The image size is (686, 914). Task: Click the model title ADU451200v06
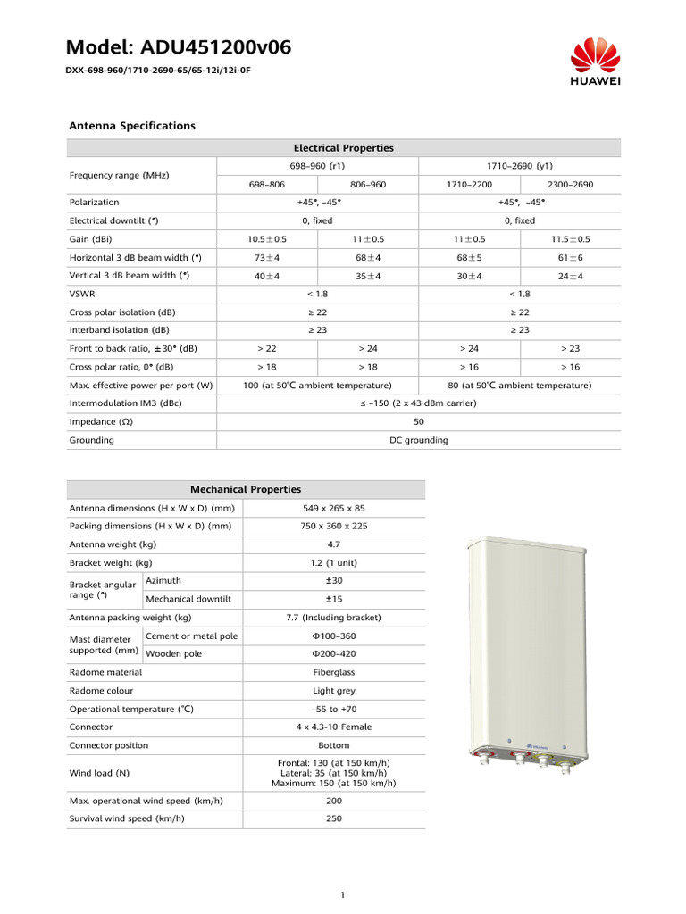click(179, 47)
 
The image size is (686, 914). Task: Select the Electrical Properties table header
click(344, 148)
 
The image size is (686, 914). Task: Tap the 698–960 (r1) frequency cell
click(317, 166)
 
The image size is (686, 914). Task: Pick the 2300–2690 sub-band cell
click(570, 185)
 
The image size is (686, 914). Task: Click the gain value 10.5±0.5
click(266, 239)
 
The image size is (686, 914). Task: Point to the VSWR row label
click(82, 294)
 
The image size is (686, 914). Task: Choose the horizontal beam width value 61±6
click(570, 257)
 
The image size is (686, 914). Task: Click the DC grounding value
click(419, 440)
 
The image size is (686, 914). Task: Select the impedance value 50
click(419, 422)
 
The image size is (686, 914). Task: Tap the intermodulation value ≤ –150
click(419, 403)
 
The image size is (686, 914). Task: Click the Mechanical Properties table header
click(246, 489)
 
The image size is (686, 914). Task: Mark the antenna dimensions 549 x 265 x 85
click(334, 508)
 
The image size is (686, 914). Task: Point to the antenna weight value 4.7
click(334, 544)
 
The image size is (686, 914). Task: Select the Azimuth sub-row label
click(163, 581)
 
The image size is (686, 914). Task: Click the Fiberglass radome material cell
click(334, 672)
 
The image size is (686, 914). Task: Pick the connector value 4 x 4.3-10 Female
click(334, 727)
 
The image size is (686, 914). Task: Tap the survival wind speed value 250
click(334, 818)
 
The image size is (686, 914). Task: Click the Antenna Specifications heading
click(132, 126)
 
